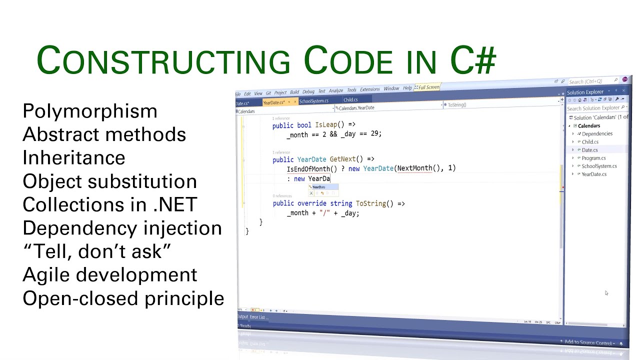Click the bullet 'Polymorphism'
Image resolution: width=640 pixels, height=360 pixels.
pos(90,111)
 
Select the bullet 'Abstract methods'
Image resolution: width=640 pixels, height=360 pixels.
pos(104,134)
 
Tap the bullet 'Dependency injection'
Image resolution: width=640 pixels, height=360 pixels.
pos(122,228)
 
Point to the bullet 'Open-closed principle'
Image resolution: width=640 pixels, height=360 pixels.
pos(123,298)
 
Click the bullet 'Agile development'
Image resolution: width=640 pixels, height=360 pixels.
pos(109,275)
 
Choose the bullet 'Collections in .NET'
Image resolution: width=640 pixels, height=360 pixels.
pos(110,204)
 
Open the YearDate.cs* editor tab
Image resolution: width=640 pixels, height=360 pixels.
pos(273,102)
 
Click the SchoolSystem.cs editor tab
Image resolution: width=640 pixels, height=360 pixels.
pos(313,101)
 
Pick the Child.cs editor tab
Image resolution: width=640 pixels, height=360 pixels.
pos(350,100)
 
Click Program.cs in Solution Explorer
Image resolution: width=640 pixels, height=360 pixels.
pos(593,158)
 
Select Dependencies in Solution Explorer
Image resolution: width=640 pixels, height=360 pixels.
pos(597,133)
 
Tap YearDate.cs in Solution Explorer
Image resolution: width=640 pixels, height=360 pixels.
pos(594,174)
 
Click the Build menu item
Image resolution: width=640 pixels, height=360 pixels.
pos(294,92)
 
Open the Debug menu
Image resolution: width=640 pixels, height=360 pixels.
pos(308,91)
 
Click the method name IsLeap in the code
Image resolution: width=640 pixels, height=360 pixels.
pos(327,125)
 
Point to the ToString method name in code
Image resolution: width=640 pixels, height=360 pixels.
pos(370,203)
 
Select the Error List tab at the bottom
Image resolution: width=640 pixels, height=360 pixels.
pos(259,317)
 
